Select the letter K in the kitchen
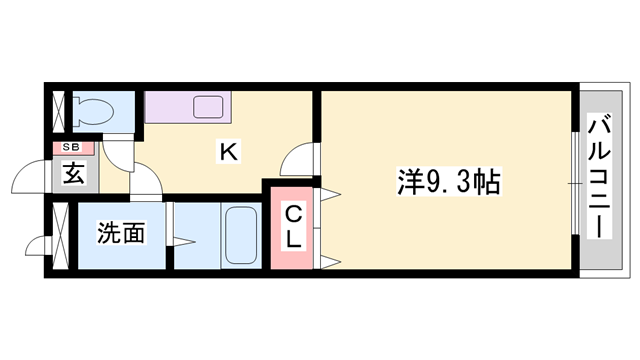coord(227,152)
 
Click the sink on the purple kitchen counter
coord(210,106)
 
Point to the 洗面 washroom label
coord(121,235)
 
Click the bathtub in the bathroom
coord(240,235)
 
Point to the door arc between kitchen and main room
coord(299,159)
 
